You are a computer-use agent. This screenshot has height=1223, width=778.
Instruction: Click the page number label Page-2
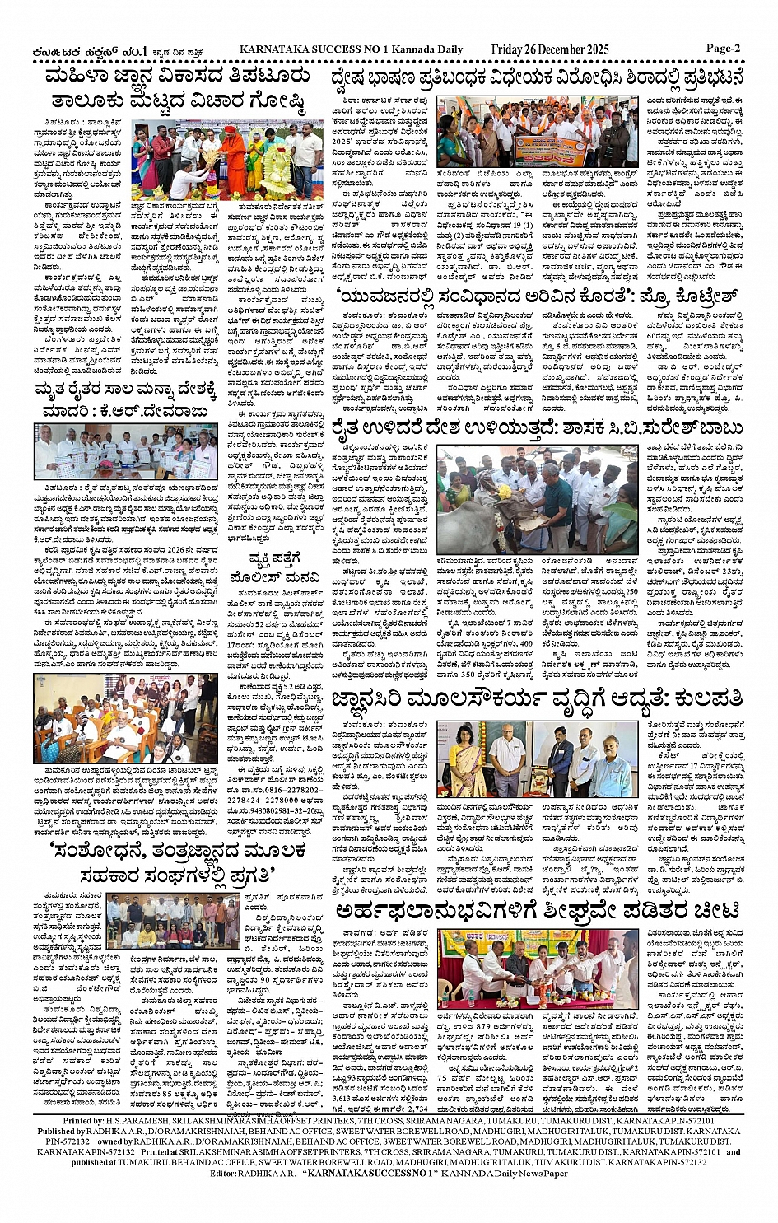click(723, 48)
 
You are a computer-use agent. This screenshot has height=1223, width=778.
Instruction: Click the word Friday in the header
click(510, 49)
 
